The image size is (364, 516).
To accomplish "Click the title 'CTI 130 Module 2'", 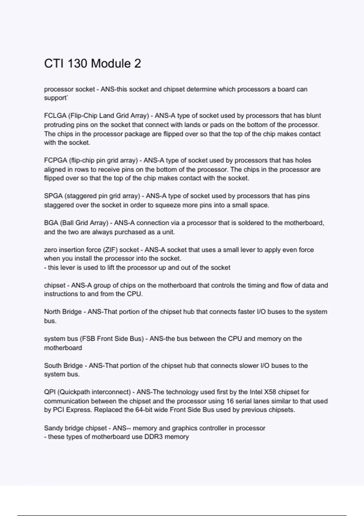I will coord(93,64).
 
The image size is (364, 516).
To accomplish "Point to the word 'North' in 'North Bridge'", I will coord(52,312).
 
